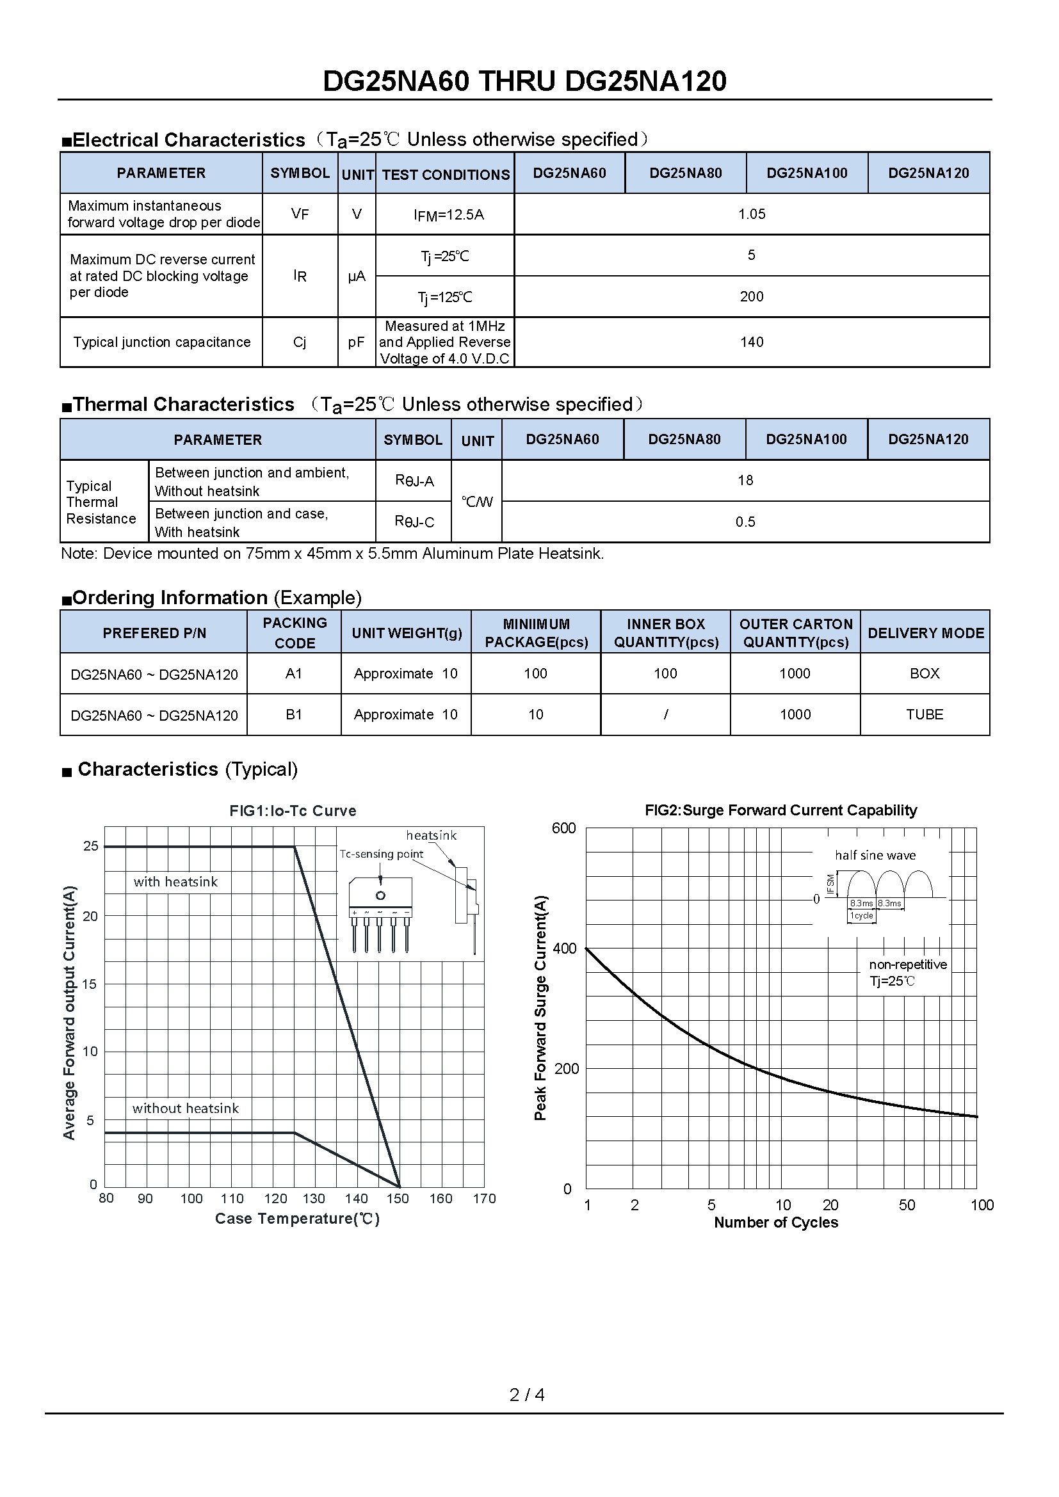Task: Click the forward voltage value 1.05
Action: tap(751, 214)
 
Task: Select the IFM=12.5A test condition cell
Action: tap(448, 214)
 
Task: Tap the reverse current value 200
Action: tap(751, 297)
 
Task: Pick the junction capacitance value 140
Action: tap(751, 342)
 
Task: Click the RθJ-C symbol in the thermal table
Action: tap(414, 522)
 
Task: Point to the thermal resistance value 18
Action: tap(745, 481)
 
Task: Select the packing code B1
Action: tap(294, 715)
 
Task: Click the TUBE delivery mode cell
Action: tap(924, 715)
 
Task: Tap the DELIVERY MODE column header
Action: tap(925, 632)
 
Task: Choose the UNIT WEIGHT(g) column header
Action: tap(407, 632)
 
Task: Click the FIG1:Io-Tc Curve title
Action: tap(293, 810)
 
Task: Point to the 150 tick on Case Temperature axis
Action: tap(397, 1198)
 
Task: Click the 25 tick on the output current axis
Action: tap(91, 845)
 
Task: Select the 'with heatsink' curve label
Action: tap(175, 881)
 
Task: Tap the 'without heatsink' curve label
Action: tap(185, 1108)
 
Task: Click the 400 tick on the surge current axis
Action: tap(565, 948)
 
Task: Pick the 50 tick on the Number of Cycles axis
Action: tap(907, 1205)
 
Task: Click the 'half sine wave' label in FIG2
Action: tap(875, 855)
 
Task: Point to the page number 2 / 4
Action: tap(527, 1395)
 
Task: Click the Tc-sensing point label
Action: tap(381, 854)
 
